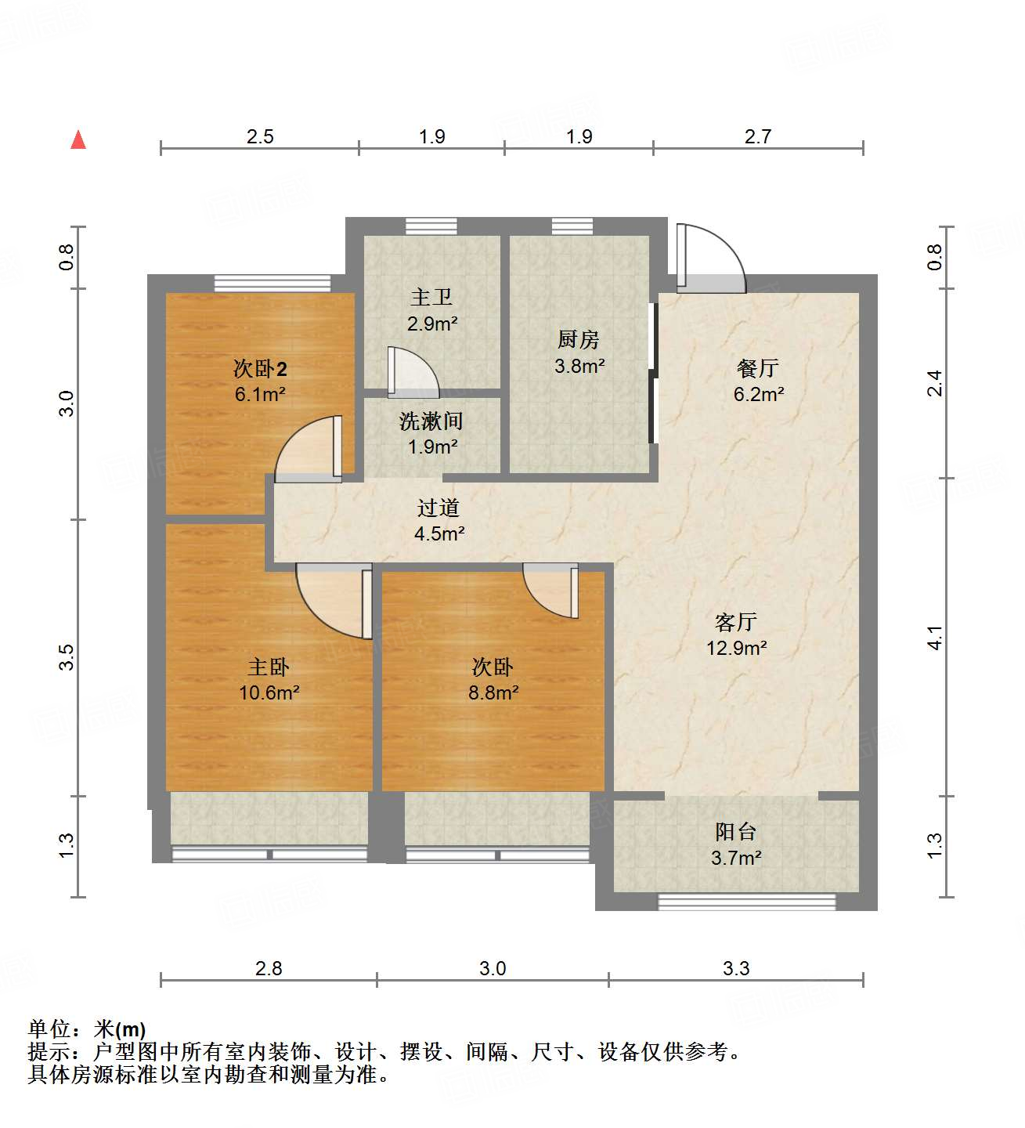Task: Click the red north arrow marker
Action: [x=78, y=140]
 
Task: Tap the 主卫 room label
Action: [x=431, y=298]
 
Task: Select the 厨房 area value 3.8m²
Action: [x=579, y=366]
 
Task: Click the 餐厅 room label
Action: [x=758, y=367]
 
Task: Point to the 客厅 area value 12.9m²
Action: [x=736, y=648]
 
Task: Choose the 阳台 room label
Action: [x=736, y=832]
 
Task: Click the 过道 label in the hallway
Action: [x=439, y=508]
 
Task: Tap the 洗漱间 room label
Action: [x=431, y=421]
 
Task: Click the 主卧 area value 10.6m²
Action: [x=269, y=692]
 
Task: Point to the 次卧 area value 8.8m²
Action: [x=493, y=692]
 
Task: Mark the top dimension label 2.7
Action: [x=758, y=137]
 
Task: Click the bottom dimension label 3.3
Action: [x=736, y=969]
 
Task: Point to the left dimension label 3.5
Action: [x=67, y=656]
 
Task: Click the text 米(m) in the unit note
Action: [x=119, y=1029]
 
